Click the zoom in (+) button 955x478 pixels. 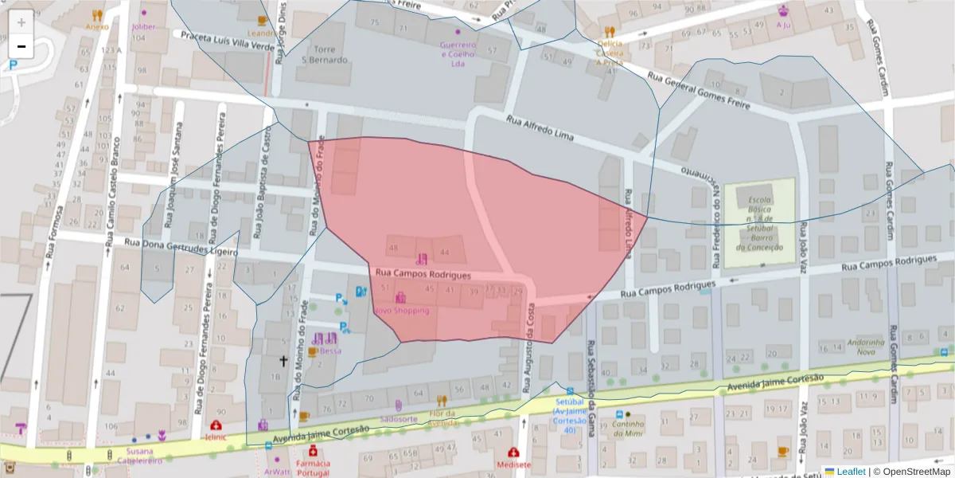pos(21,22)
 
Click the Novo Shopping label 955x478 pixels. pos(401,311)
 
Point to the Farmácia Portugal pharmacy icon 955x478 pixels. pos(314,452)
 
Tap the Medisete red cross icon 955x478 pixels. pos(513,452)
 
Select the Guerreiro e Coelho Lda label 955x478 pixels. pos(458,54)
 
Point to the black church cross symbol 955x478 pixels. pos(283,361)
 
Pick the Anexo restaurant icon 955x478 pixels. pos(97,14)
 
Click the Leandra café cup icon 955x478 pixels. pos(263,21)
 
